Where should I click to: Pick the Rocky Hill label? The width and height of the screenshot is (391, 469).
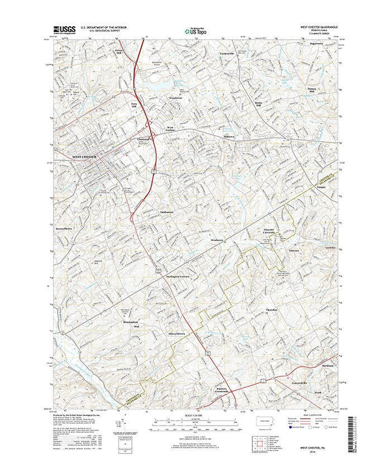(x=258, y=105)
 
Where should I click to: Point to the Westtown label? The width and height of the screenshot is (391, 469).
(x=217, y=240)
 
